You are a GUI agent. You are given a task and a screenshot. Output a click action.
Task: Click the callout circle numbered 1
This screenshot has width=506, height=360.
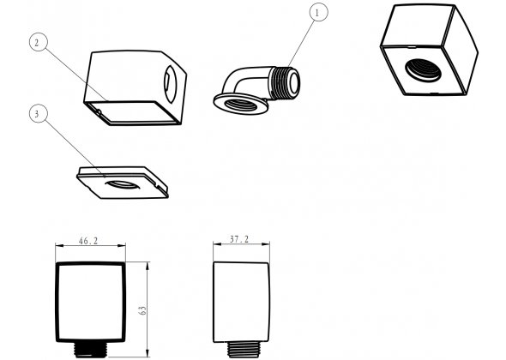click(x=318, y=12)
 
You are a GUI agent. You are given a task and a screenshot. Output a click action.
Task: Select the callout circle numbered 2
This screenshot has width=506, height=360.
click(x=39, y=42)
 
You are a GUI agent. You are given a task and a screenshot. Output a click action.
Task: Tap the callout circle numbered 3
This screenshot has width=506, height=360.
click(x=39, y=113)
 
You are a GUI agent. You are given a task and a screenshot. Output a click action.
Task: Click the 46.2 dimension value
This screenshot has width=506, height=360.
click(x=88, y=241)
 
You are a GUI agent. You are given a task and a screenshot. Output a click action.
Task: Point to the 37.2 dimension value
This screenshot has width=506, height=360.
click(x=239, y=239)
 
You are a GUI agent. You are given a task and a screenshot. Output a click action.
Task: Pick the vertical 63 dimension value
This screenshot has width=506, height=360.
click(x=142, y=310)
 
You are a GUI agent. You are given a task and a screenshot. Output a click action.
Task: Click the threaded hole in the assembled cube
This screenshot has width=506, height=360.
click(x=423, y=70)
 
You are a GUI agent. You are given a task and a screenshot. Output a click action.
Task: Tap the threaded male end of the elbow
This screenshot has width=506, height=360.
click(x=285, y=83)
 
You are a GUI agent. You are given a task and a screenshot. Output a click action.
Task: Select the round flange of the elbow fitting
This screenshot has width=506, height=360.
click(x=241, y=104)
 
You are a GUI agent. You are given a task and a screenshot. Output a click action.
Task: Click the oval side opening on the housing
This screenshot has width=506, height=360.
click(x=170, y=84)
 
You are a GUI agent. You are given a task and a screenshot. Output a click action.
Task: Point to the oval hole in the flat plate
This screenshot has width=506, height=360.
click(x=123, y=185)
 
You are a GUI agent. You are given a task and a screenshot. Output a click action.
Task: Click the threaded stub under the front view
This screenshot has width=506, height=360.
click(x=90, y=350)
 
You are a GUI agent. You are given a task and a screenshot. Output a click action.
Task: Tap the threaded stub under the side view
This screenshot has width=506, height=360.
click(x=244, y=350)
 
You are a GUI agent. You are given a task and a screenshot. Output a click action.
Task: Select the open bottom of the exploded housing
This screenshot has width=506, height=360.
click(x=132, y=112)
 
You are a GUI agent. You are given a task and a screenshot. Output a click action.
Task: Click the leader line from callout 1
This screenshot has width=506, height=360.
click(x=301, y=44)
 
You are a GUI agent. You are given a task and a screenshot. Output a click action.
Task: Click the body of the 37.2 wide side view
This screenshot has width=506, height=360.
click(x=241, y=302)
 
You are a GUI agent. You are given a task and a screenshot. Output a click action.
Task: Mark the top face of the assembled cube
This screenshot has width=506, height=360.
click(x=419, y=25)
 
